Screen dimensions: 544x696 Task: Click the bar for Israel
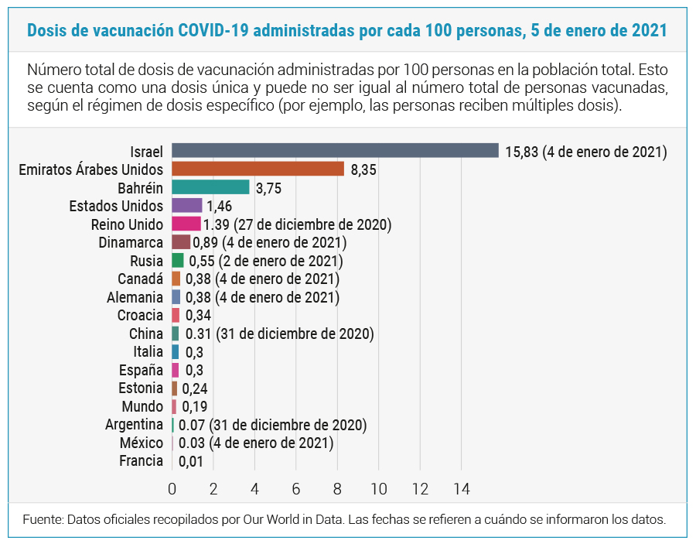click(x=335, y=151)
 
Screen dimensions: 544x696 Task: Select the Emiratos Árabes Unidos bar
click(x=258, y=169)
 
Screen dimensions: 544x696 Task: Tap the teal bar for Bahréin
click(x=210, y=187)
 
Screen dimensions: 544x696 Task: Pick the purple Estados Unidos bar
click(x=186, y=206)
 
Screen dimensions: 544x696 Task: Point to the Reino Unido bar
click(x=186, y=224)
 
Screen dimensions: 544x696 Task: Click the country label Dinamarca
click(x=131, y=242)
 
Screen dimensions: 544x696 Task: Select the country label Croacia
click(x=140, y=315)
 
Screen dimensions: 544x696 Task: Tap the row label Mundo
click(x=142, y=406)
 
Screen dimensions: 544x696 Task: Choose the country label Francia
click(x=141, y=461)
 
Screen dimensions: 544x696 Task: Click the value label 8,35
click(x=363, y=169)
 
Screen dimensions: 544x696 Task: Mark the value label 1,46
click(x=220, y=207)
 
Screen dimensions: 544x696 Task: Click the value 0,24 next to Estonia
click(x=195, y=388)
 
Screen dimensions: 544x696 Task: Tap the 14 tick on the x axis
click(x=461, y=489)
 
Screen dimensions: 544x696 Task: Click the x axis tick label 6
click(x=296, y=489)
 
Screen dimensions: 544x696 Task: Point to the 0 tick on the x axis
click(x=172, y=489)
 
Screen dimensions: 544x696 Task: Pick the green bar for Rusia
click(x=178, y=261)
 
